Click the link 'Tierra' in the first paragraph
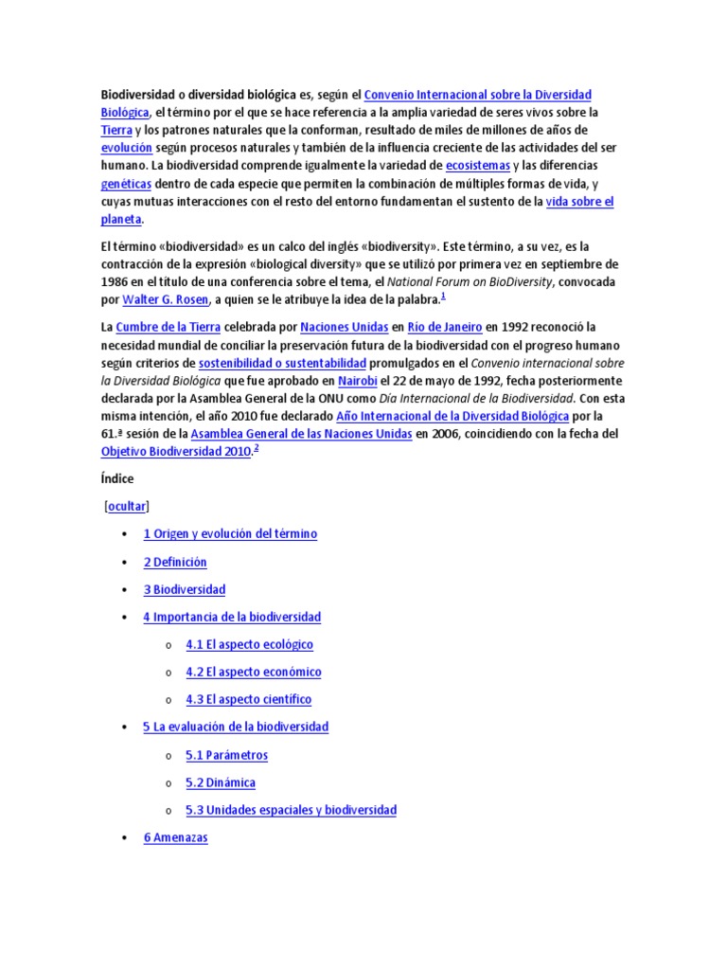[116, 130]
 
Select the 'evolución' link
[126, 148]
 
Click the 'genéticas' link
[126, 184]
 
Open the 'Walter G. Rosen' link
[166, 300]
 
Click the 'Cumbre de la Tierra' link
[168, 327]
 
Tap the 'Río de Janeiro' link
[445, 327]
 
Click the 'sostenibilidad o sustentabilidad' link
[281, 363]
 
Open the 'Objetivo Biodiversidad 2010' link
[176, 452]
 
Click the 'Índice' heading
[117, 479]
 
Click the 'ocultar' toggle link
[127, 507]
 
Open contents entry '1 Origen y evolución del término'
[230, 534]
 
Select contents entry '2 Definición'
[175, 562]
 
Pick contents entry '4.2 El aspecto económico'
[254, 673]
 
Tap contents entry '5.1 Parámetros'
[227, 756]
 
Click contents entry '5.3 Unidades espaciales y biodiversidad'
[292, 811]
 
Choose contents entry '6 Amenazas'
[176, 838]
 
